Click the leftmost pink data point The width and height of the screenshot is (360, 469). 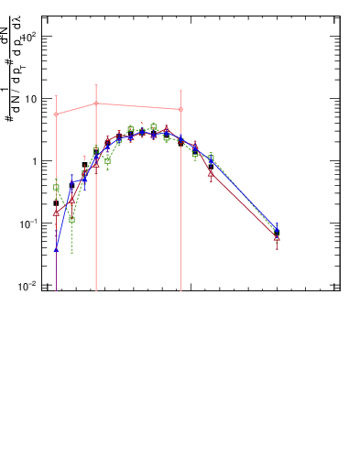tap(56, 115)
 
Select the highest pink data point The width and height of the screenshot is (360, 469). tap(96, 104)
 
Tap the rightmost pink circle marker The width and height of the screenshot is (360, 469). tap(180, 109)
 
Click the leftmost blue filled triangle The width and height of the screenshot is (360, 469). tap(56, 248)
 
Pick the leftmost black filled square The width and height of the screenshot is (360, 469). tap(56, 203)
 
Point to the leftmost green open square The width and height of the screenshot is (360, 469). tap(56, 187)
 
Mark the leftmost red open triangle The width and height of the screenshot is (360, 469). tap(56, 213)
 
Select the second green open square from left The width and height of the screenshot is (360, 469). tap(72, 220)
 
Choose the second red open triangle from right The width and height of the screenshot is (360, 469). tap(211, 171)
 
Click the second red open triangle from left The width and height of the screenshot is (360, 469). tap(72, 198)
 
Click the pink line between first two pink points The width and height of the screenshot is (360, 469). tap(76, 109)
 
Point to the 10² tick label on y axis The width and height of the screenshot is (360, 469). tap(29, 37)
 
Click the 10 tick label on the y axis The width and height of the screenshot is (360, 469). tap(29, 99)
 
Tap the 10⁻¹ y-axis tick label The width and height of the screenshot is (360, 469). tap(27, 224)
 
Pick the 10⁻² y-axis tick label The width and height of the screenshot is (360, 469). tap(27, 286)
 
